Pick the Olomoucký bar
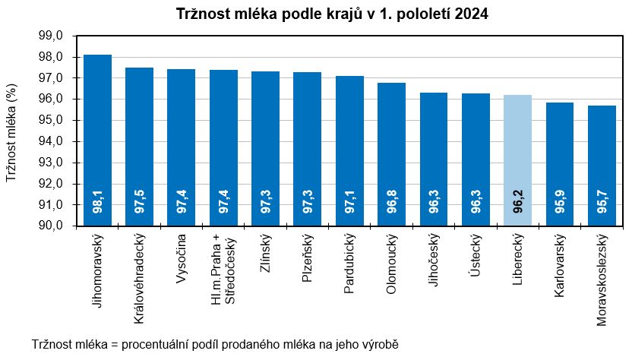tap(391, 152)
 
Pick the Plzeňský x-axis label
tap(308, 260)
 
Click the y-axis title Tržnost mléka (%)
tap(11, 131)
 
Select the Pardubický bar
tap(349, 150)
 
